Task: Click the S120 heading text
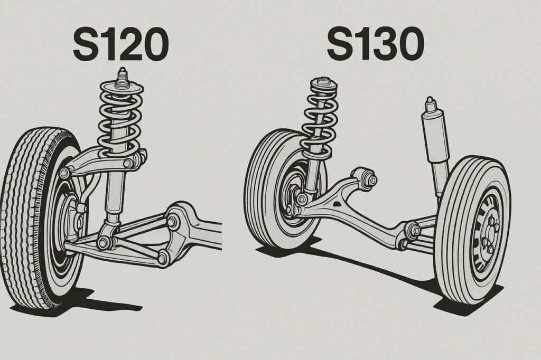click(x=121, y=45)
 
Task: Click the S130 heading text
click(x=376, y=44)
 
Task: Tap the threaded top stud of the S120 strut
click(x=122, y=78)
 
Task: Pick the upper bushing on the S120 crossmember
click(x=172, y=222)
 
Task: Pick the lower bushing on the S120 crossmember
click(x=163, y=258)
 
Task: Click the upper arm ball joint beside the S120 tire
click(x=64, y=173)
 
